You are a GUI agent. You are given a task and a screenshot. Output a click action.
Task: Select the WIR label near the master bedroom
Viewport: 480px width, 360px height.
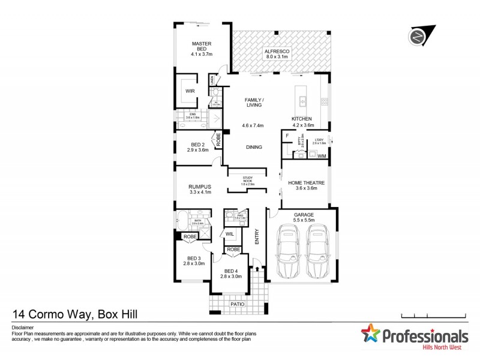click(x=190, y=91)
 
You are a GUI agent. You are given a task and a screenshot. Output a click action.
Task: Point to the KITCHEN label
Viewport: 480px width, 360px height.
click(x=301, y=119)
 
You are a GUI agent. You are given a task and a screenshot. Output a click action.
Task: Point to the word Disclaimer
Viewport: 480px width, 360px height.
click(x=22, y=329)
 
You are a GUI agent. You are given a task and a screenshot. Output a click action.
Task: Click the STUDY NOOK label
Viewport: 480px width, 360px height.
click(x=247, y=178)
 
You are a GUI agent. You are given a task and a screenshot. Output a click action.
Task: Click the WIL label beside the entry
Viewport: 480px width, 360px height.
click(x=230, y=234)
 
